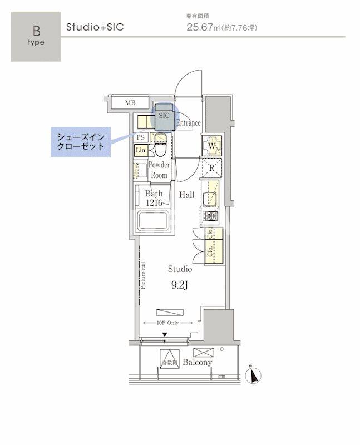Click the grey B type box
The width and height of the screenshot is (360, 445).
(x=36, y=36)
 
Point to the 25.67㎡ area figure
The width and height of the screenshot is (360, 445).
(x=201, y=27)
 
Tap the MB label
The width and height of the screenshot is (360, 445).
(x=130, y=102)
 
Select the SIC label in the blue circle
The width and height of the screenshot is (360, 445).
(x=164, y=116)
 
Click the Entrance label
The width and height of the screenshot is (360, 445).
(x=188, y=123)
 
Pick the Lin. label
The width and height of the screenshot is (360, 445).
(x=140, y=150)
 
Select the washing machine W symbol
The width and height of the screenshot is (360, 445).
(x=213, y=146)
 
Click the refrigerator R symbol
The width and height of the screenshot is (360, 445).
(x=212, y=167)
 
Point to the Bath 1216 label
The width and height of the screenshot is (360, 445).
(x=153, y=198)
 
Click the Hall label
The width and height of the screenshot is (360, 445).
(x=186, y=195)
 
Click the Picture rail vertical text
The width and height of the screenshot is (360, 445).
(x=144, y=275)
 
